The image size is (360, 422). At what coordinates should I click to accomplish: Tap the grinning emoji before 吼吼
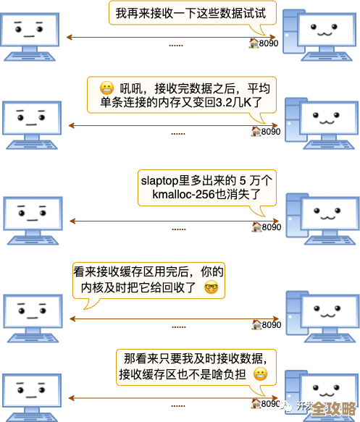point(107,88)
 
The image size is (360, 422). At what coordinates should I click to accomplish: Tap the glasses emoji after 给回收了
point(211,287)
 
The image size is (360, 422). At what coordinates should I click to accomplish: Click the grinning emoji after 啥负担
point(260,374)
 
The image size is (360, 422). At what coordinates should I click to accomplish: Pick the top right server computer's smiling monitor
point(325,30)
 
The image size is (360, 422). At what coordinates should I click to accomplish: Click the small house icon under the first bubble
point(254,43)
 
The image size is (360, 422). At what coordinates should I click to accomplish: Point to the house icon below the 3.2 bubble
point(256,131)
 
